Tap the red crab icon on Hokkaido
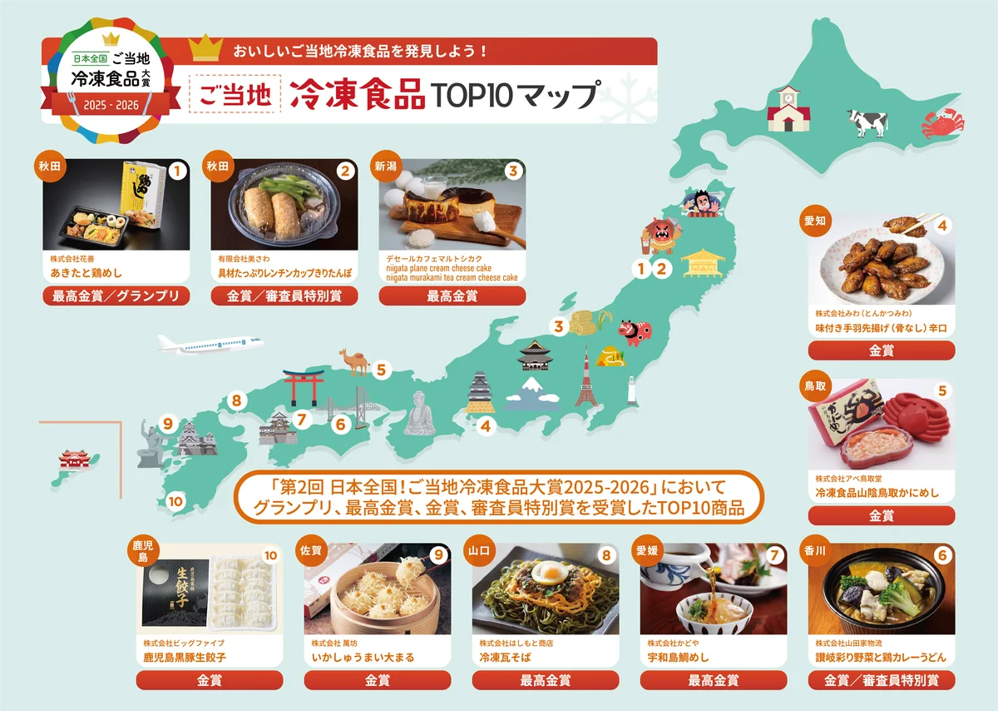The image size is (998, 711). coord(942,126)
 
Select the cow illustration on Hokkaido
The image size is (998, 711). coord(867,122)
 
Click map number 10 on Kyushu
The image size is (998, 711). coord(175,502)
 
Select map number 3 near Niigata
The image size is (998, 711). coord(560,327)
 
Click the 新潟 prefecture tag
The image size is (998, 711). coord(387,167)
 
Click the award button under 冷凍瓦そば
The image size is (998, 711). coord(546,680)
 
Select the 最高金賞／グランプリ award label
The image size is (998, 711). coord(116,296)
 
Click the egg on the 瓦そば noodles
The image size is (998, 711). coord(550,574)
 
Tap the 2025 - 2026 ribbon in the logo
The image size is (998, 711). coord(111,104)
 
